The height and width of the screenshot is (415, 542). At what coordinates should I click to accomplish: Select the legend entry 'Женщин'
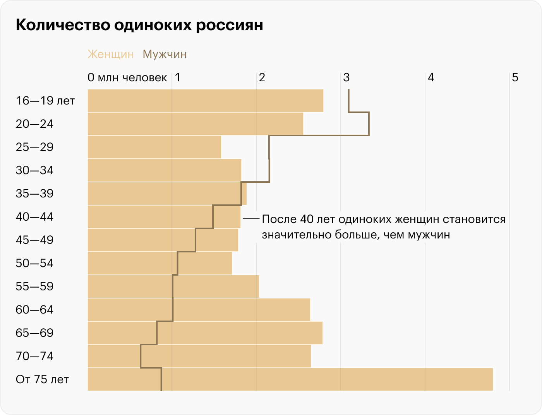pos(111,54)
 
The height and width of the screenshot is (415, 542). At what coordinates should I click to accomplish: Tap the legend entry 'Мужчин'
pos(165,54)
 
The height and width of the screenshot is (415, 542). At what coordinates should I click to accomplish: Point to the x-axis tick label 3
pos(346,77)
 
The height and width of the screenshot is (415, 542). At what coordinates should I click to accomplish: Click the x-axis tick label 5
pos(515,77)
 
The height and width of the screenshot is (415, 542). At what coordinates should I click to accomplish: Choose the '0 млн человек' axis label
pos(127,77)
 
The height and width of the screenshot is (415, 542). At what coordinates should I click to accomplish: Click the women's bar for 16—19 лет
pos(205,101)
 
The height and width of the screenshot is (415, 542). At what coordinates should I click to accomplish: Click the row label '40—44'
pos(34,217)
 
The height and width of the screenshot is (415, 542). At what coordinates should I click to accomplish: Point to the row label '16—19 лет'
pos(45,101)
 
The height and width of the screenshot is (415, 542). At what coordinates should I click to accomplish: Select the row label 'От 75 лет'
pos(42,379)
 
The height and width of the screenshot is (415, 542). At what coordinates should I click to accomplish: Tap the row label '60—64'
pos(34,310)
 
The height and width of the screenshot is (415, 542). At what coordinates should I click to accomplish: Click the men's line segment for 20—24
pos(369,124)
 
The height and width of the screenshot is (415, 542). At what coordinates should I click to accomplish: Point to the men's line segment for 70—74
pos(141,356)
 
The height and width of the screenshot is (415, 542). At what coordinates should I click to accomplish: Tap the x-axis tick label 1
pos(177,77)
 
